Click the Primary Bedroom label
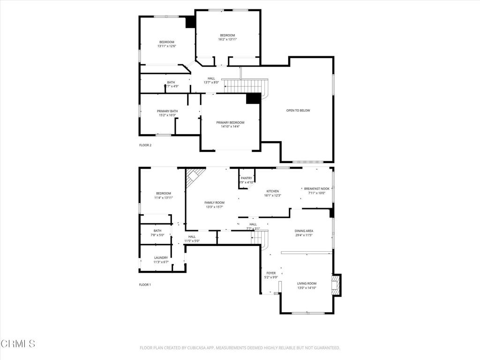tap(230, 123)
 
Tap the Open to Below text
tap(298, 111)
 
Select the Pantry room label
tap(246, 178)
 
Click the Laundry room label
tap(161, 258)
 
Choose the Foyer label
tap(271, 273)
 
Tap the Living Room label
tap(307, 283)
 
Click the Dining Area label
tap(304, 231)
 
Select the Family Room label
tap(214, 202)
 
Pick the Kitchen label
tap(273, 191)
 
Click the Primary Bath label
tap(167, 111)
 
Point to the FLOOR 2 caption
tap(145, 145)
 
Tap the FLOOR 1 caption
tap(145, 285)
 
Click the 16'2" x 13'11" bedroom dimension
tap(227, 40)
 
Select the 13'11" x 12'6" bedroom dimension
tap(166, 46)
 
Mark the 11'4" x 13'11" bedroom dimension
tap(164, 198)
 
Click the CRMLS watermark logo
tap(18, 344)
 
